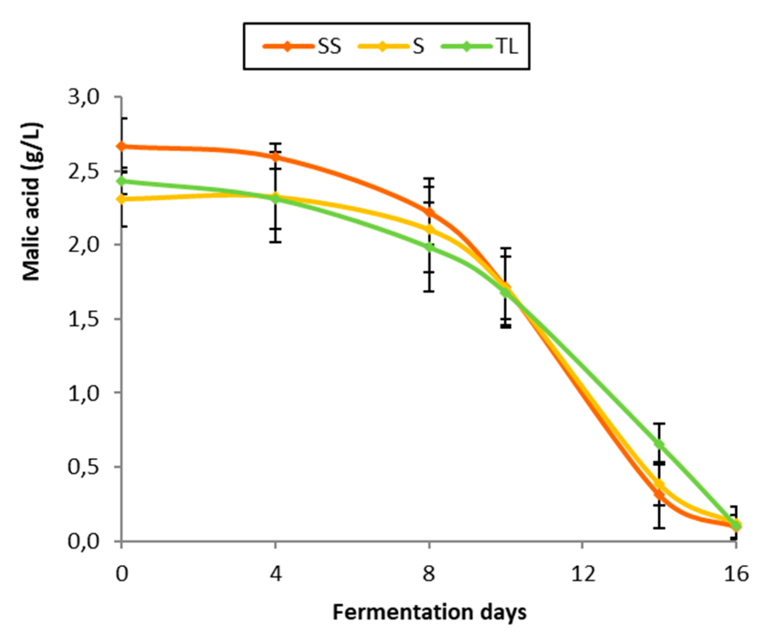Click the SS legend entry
(302, 46)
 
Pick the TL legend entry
(480, 46)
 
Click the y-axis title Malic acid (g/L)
(32, 201)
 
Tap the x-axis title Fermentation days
(429, 612)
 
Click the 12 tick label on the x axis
(583, 574)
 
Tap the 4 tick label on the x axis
(275, 574)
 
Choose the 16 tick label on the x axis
(736, 574)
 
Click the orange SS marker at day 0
(122, 146)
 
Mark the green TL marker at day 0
(122, 181)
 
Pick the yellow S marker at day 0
(122, 199)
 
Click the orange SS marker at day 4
(275, 157)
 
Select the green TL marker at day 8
(429, 247)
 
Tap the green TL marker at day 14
(659, 444)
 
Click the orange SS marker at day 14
(659, 494)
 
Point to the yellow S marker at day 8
(429, 229)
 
